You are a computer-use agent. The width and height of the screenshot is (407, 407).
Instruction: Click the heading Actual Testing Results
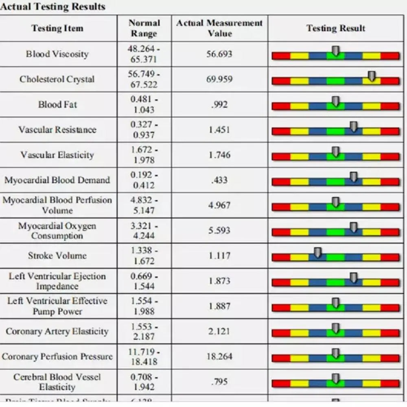pyautogui.click(x=53, y=7)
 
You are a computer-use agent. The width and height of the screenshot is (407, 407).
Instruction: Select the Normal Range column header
pyautogui.click(x=144, y=28)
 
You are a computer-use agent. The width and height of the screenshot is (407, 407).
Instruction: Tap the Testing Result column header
pyautogui.click(x=335, y=28)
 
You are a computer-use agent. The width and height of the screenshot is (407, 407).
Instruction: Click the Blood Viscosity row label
pyautogui.click(x=57, y=54)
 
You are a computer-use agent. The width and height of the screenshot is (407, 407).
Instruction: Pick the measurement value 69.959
pyautogui.click(x=219, y=79)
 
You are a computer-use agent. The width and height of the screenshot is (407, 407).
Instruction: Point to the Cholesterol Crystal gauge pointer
pyautogui.click(x=371, y=76)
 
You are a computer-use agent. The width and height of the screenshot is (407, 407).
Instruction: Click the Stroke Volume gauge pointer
pyautogui.click(x=318, y=253)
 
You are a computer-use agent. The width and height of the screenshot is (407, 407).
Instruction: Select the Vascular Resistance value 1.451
pyautogui.click(x=219, y=129)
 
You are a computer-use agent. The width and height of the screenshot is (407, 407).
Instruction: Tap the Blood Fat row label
pyautogui.click(x=57, y=104)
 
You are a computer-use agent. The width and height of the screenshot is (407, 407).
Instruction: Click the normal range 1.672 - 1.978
pyautogui.click(x=144, y=155)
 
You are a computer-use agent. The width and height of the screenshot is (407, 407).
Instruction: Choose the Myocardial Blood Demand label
pyautogui.click(x=57, y=180)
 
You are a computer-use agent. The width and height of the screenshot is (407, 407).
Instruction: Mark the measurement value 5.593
pyautogui.click(x=219, y=230)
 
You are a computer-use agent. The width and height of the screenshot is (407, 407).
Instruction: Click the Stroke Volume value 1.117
pyautogui.click(x=219, y=256)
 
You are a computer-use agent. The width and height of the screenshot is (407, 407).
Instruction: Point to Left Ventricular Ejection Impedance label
pyautogui.click(x=57, y=281)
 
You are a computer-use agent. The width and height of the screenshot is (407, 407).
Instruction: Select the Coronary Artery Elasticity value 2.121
pyautogui.click(x=219, y=331)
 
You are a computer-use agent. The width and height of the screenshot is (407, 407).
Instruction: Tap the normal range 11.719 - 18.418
pyautogui.click(x=144, y=357)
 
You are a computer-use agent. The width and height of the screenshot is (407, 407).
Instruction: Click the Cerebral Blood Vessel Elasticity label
pyautogui.click(x=57, y=382)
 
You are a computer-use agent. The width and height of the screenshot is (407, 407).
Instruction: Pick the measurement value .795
pyautogui.click(x=219, y=382)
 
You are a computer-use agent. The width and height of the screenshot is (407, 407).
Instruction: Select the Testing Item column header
pyautogui.click(x=57, y=28)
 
